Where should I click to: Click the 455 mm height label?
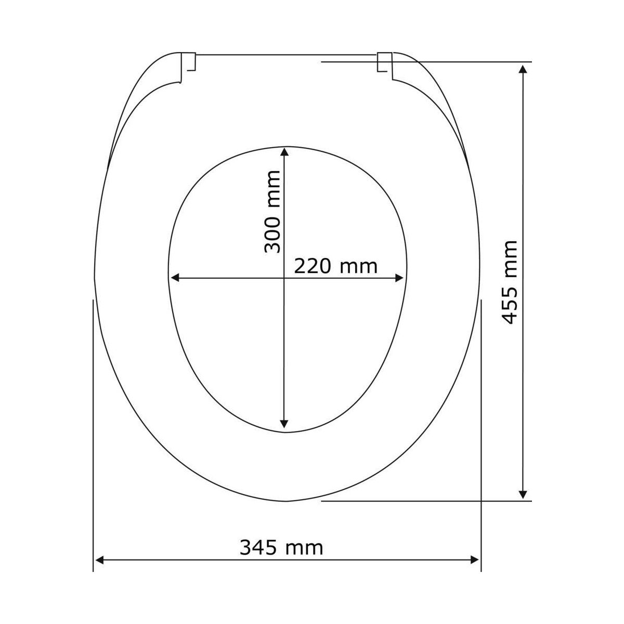click(x=509, y=282)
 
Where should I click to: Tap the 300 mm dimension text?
click(x=271, y=212)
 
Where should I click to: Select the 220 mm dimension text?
click(x=335, y=267)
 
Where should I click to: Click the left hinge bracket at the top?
click(x=188, y=65)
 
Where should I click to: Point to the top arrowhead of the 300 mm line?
click(x=284, y=153)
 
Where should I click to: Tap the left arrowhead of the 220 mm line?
click(x=176, y=278)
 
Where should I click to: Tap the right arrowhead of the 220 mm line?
click(x=398, y=278)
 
